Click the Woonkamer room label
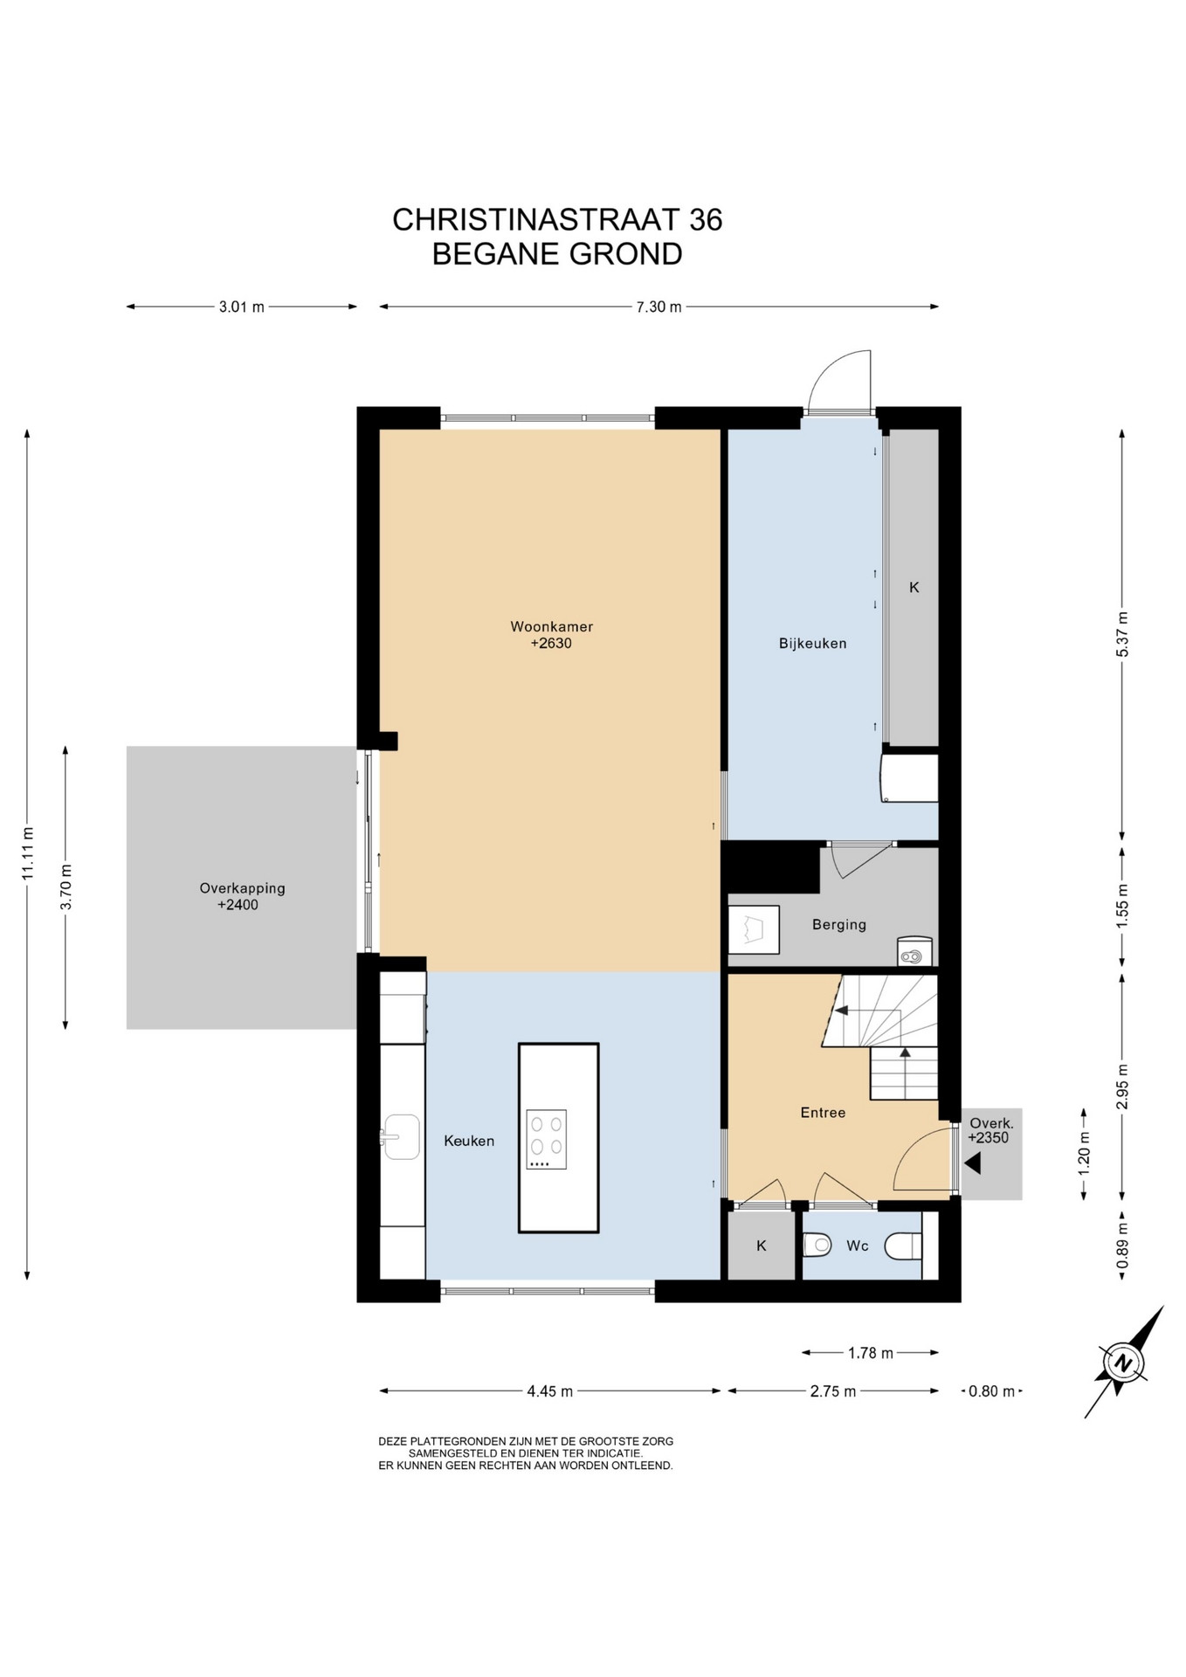pos(551,626)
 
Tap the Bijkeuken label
pos(812,644)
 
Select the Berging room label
pos(838,925)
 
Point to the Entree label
pos(823,1113)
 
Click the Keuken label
pos(469,1141)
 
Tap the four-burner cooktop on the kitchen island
pos(547,1139)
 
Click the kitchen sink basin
pos(402,1136)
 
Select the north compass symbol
pos(1124,1363)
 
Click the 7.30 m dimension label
pos(659,307)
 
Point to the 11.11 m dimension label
pos(28,853)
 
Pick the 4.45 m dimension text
pos(549,1391)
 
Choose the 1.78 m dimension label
pos(870,1353)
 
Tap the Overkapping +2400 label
pos(242,896)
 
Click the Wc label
pos(857,1246)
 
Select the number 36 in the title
pos(706,220)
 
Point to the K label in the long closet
pos(914,588)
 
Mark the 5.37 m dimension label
pos(1123,634)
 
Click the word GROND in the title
pos(625,254)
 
